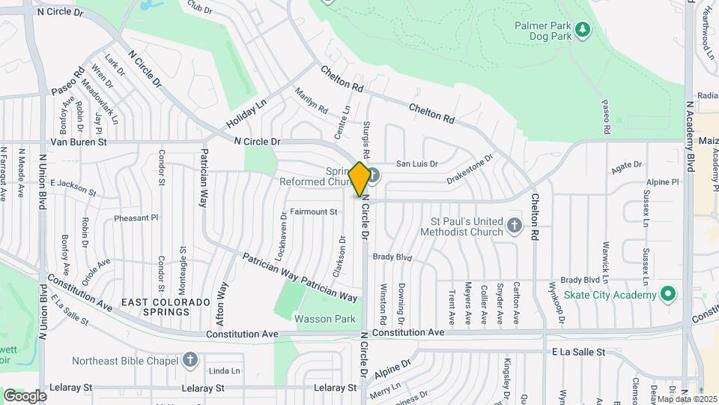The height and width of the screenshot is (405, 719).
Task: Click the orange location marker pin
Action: pyautogui.click(x=359, y=178)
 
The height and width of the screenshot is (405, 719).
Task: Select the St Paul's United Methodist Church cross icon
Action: pyautogui.click(x=514, y=226)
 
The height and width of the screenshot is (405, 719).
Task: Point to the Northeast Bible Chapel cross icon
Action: pyautogui.click(x=191, y=360)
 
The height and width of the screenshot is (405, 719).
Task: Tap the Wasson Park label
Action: pyautogui.click(x=324, y=319)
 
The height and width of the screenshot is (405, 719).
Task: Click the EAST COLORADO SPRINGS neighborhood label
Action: pyautogui.click(x=155, y=307)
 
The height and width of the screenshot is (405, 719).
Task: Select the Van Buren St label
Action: pyautogui.click(x=79, y=141)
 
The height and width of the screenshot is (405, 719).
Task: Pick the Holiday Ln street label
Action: pyautogui.click(x=246, y=115)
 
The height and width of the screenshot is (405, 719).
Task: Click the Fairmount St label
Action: pyautogui.click(x=314, y=212)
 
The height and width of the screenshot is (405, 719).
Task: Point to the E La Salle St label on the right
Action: pyautogui.click(x=577, y=352)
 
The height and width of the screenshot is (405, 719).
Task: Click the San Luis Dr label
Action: pyautogui.click(x=416, y=163)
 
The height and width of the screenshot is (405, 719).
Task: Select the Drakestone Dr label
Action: pyautogui.click(x=470, y=169)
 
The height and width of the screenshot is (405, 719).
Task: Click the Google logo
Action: pyautogui.click(x=25, y=395)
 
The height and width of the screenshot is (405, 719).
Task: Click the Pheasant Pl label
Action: pyautogui.click(x=136, y=218)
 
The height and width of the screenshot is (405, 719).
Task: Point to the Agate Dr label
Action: pyautogui.click(x=628, y=169)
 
